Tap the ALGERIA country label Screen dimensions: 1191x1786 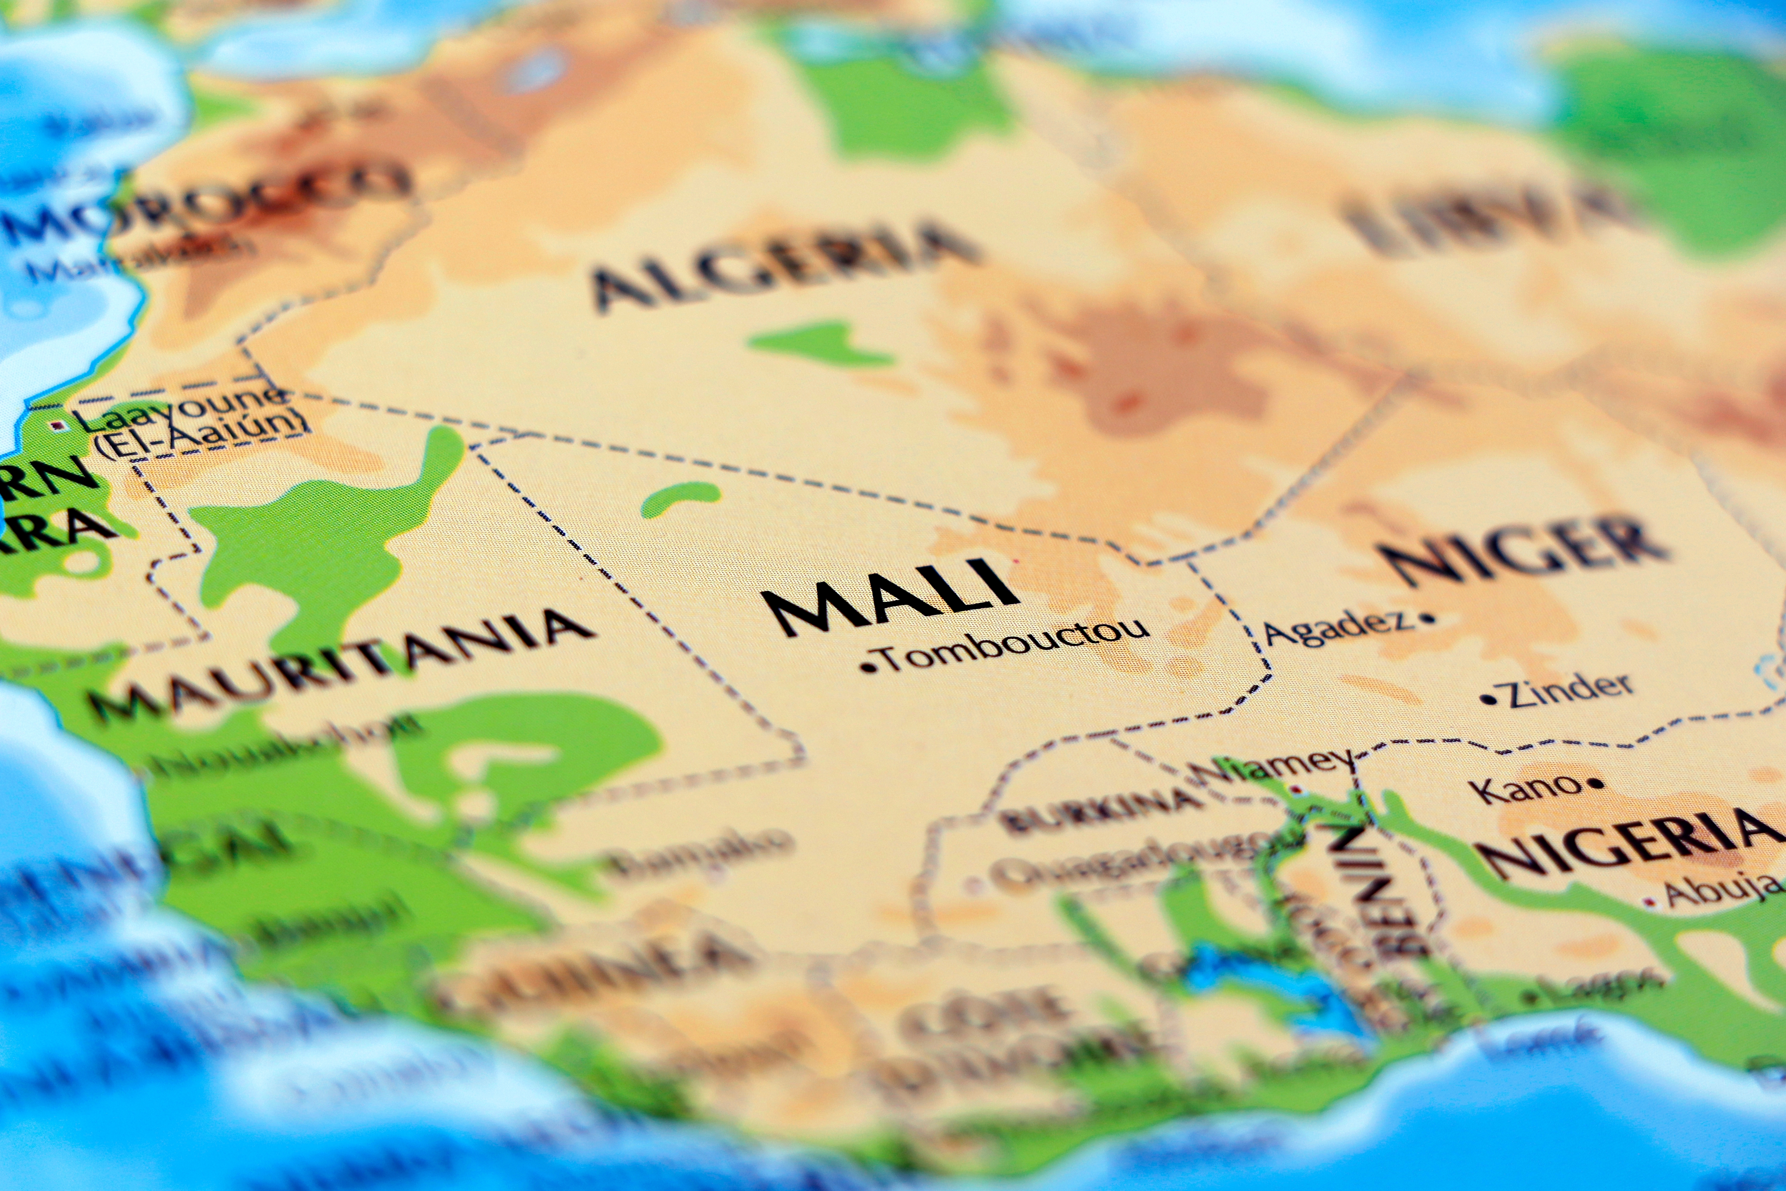pos(782,262)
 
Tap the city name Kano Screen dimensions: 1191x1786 pos(1528,788)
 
